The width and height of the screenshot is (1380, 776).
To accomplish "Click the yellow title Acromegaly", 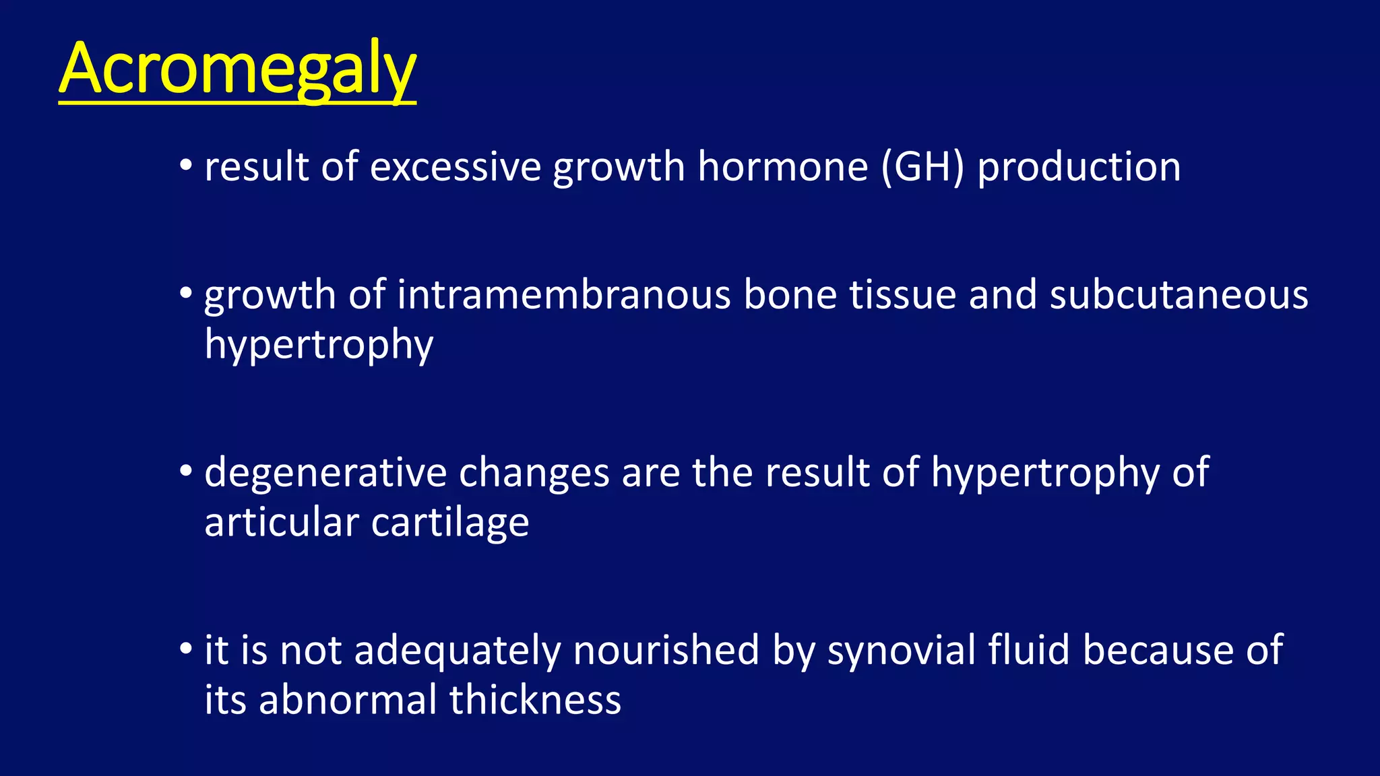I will pyautogui.click(x=237, y=69).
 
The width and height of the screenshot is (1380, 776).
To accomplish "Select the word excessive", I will pyautogui.click(x=456, y=166).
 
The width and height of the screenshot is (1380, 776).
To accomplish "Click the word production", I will pyautogui.click(x=1079, y=166).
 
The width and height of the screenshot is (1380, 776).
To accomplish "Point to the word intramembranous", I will pyautogui.click(x=564, y=295).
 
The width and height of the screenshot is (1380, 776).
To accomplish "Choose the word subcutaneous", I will pyautogui.click(x=1179, y=295).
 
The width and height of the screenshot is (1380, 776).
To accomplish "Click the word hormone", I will pyautogui.click(x=782, y=166).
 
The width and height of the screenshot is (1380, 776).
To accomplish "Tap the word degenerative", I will pyautogui.click(x=325, y=472).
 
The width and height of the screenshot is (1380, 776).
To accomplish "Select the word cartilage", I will pyautogui.click(x=449, y=523).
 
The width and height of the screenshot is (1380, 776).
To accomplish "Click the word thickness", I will pyautogui.click(x=535, y=700).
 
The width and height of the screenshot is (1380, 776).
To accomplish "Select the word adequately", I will pyautogui.click(x=458, y=650).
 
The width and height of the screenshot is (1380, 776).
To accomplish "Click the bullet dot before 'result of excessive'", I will pyautogui.click(x=186, y=165).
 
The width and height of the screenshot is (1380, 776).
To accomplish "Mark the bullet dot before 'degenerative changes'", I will pyautogui.click(x=186, y=471).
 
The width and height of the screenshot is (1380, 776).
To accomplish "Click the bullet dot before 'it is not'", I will pyautogui.click(x=186, y=649).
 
